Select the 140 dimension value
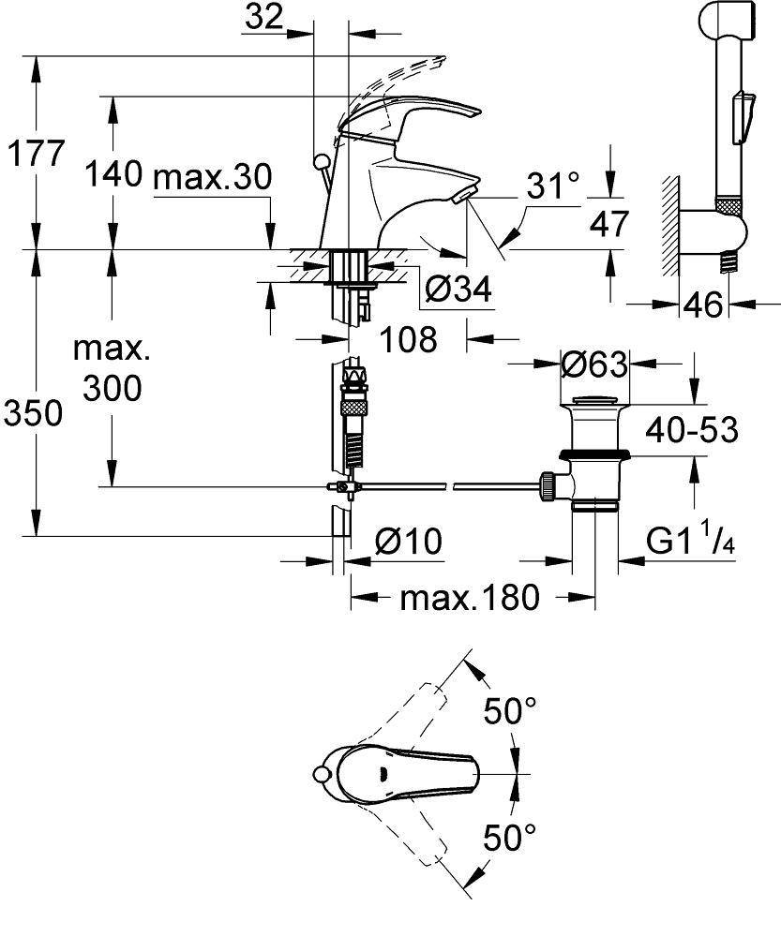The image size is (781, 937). [113, 174]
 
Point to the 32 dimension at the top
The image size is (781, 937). [266, 18]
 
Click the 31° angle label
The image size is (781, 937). [553, 186]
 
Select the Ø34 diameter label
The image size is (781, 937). [458, 290]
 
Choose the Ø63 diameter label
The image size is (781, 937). [593, 363]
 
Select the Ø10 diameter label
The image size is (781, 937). [408, 541]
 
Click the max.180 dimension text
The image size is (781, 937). [471, 597]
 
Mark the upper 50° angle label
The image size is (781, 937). [510, 711]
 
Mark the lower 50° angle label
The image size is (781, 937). [510, 837]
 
